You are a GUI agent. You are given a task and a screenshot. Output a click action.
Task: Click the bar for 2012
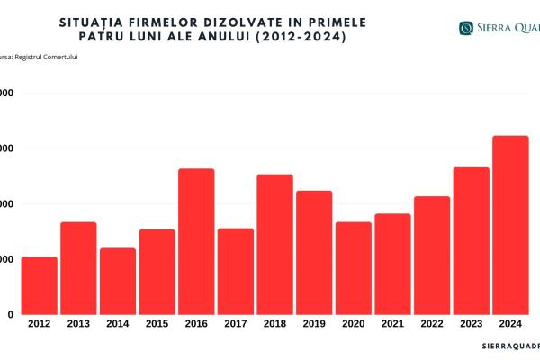coord(40,285)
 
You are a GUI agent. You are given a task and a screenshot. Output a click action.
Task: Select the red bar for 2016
coord(196,241)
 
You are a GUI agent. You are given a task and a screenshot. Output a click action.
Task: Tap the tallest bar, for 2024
coord(510,225)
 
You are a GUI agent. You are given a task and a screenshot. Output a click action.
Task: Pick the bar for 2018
coord(274,244)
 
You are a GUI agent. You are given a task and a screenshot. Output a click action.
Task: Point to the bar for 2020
coord(353,267)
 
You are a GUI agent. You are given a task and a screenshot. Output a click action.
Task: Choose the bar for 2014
coord(118,281)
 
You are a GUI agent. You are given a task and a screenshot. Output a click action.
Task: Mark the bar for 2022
coord(431,255)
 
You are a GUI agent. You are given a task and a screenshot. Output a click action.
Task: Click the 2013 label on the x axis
coord(78,322)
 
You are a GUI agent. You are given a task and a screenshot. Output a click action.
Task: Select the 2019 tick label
coord(314,322)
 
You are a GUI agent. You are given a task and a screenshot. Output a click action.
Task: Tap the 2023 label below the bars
coord(472,322)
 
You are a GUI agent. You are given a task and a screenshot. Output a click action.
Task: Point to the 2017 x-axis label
coord(236,322)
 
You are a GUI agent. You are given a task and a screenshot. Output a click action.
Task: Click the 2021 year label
coord(392,322)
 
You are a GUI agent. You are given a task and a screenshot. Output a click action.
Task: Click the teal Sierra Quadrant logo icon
coord(465,28)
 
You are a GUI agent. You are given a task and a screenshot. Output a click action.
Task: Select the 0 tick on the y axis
coord(9,314)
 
